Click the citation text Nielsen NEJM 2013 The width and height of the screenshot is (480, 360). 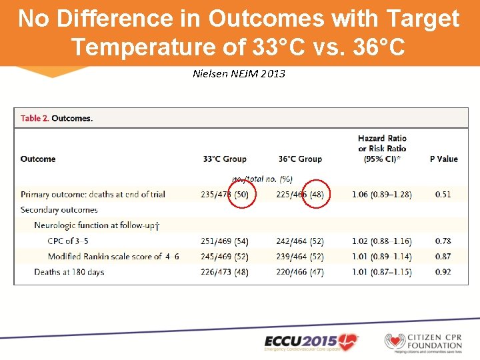point(239,73)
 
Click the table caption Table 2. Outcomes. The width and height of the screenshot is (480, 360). point(57,118)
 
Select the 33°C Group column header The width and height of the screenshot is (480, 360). point(225,159)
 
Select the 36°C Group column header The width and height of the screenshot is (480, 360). point(300,159)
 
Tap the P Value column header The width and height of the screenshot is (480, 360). point(443,159)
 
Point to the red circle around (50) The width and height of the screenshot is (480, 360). point(241,194)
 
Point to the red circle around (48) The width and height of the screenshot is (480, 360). point(317,194)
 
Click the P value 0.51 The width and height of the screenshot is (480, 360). point(443,194)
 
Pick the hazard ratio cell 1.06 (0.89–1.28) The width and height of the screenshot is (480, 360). point(381,194)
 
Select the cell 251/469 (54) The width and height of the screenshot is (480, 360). point(224,241)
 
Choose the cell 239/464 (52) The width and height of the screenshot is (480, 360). point(300,256)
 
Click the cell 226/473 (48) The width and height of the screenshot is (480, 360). point(224,271)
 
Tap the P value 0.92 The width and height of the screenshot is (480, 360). point(443,271)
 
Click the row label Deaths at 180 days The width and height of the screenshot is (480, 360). point(69,271)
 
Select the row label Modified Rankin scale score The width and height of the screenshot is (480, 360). point(113,256)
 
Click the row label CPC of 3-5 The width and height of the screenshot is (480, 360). point(67,241)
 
